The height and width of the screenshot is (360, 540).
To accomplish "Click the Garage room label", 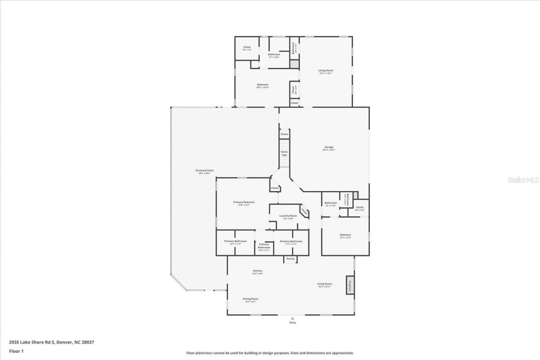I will point(329,147).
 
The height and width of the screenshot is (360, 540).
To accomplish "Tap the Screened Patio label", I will point(204,170).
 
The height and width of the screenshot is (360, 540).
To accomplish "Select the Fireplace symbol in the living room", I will point(350,285).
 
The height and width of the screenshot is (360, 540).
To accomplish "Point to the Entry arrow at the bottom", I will point(292,318).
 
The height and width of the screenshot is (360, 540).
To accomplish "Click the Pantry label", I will point(290,259).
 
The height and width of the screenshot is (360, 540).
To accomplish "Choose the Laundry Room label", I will point(288,216).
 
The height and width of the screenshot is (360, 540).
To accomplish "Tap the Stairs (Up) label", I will point(284,153).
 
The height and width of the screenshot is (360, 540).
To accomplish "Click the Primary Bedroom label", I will point(244,202).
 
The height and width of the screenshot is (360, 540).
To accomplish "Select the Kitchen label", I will point(257,271).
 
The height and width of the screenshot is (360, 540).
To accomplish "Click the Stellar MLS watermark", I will point(523,180).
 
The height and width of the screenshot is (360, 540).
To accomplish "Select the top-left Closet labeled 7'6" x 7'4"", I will point(247,47).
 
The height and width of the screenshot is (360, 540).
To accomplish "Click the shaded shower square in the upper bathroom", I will point(294,64).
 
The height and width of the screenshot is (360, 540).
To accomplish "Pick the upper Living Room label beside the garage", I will point(326,70).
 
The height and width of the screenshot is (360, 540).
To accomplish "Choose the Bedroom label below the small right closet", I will point(345,235).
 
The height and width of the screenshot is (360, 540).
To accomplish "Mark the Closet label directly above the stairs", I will point(284,134).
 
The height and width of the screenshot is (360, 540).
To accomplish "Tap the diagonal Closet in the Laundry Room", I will point(304,212).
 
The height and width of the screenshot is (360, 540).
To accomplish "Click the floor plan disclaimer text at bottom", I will point(270,353).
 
